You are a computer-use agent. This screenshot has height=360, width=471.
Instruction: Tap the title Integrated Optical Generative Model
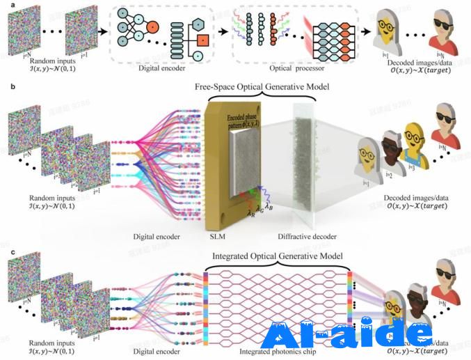click(276, 256)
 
